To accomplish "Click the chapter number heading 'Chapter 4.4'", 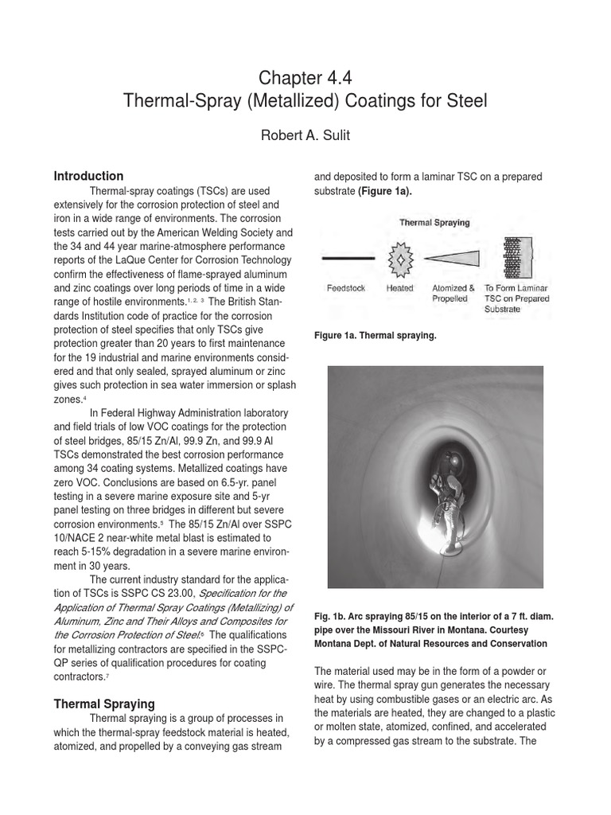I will coord(305,78).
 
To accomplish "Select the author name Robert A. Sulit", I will coord(305,135).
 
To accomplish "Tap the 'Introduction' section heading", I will coord(88,176).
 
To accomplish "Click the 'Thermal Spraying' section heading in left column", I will coord(103,704).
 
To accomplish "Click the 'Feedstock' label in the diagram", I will coord(346,288).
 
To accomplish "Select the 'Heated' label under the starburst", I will coord(400,288).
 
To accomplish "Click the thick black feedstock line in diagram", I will coord(347,259).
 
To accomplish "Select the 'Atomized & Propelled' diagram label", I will coord(453,294).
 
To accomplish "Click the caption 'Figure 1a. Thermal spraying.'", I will coord(375,336).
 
